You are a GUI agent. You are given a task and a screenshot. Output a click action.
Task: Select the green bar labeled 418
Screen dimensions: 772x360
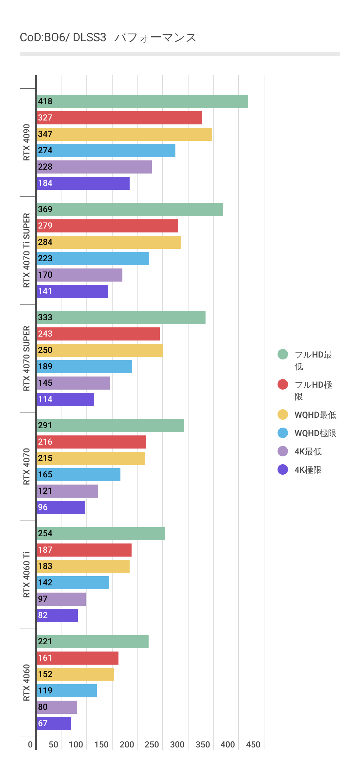coord(142,101)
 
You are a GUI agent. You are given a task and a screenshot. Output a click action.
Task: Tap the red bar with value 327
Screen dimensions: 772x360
coord(119,118)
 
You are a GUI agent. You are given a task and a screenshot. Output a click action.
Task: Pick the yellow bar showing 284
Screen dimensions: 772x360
coord(108,242)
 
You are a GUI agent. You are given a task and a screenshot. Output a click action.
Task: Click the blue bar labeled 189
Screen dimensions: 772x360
coord(84,367)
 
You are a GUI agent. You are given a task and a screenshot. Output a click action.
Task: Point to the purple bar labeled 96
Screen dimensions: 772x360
coord(61,507)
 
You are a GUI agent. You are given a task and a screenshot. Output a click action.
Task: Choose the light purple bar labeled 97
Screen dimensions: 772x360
coord(61,599)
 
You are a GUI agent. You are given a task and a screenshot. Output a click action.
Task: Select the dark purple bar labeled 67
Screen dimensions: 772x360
coord(53,724)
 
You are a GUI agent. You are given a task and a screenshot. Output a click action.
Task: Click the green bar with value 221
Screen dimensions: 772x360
coord(92,642)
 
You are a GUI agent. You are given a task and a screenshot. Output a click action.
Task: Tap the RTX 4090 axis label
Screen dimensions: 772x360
coord(27,142)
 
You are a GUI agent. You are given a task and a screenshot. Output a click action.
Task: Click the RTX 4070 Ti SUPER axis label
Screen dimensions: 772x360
coord(27,250)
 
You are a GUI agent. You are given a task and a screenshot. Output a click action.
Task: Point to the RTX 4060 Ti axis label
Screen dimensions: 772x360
coord(27,575)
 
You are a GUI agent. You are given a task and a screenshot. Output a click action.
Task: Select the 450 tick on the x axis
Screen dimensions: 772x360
coord(253,744)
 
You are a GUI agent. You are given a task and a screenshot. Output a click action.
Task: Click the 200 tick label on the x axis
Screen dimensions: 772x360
coord(127,744)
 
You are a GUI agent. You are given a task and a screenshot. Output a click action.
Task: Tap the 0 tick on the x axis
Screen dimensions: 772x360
coord(30,744)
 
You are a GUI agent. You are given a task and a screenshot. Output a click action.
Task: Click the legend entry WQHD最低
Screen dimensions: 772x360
coord(315,415)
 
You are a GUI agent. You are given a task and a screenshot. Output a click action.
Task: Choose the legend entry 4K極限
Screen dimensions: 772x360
coord(308,470)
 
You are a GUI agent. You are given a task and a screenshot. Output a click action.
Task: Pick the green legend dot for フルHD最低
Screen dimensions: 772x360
coord(283,354)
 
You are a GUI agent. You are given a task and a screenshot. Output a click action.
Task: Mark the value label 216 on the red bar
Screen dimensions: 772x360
coord(45,442)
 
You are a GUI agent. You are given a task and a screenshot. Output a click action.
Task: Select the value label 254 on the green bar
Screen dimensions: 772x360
coord(45,534)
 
